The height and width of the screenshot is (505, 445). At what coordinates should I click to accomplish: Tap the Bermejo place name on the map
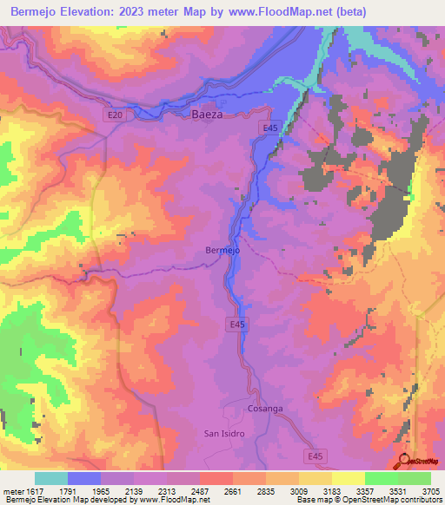coord(222,251)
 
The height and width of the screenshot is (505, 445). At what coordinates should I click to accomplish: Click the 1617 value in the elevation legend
coord(25,491)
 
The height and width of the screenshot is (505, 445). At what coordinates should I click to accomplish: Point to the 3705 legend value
coord(430,491)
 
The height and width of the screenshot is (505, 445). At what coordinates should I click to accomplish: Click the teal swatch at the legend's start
coord(51,478)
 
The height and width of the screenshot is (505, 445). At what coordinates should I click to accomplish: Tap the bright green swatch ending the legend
coord(414,478)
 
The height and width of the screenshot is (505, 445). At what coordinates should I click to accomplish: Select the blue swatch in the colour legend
coord(84,478)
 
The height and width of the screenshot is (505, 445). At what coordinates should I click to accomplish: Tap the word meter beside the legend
coord(10,491)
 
